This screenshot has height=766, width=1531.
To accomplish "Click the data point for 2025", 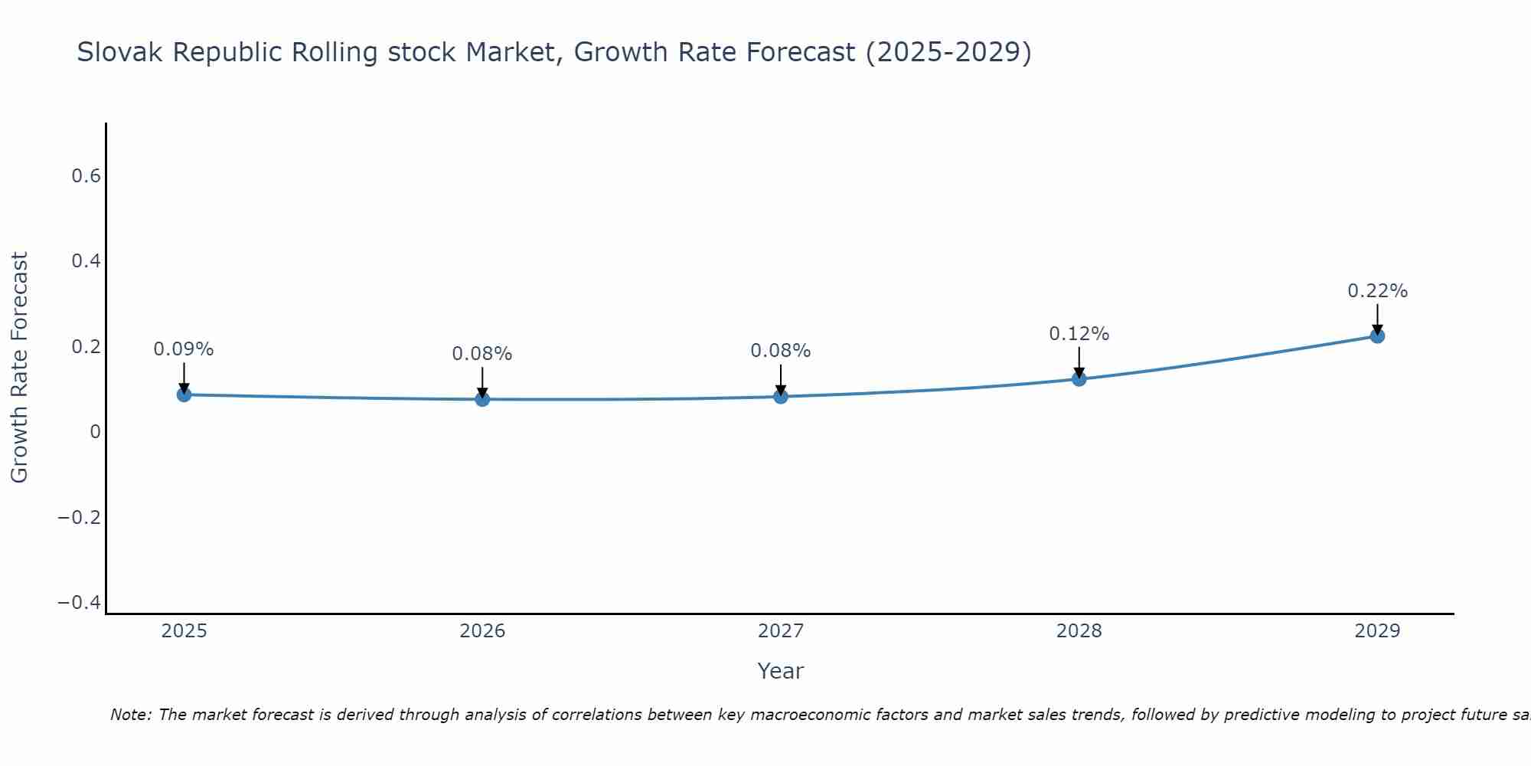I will [x=184, y=394].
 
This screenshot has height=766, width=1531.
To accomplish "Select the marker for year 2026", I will [x=482, y=399].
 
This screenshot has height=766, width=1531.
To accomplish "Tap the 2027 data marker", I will [x=781, y=396].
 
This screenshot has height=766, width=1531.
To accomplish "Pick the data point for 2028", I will [x=1079, y=378].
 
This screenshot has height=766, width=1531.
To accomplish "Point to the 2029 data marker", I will [x=1377, y=336].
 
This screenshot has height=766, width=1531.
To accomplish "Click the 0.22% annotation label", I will [x=1377, y=291].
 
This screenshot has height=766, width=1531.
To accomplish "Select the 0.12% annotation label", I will [x=1079, y=334].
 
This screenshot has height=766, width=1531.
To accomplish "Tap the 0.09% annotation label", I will [x=184, y=349].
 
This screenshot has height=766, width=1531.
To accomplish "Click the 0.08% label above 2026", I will [x=482, y=354].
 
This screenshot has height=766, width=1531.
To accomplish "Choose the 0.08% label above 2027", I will [x=781, y=351].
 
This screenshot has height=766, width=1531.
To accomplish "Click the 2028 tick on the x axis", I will [x=1079, y=631].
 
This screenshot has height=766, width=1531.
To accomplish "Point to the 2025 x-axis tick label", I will [x=184, y=631].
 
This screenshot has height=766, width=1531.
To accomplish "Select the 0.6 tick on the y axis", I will [x=86, y=176].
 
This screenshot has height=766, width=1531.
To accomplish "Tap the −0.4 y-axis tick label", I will [x=80, y=603].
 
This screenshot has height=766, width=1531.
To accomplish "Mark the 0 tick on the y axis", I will [x=95, y=432].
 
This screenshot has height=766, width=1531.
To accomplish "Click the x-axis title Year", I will [x=780, y=671].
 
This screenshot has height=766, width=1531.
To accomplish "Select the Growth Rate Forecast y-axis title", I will [x=19, y=368].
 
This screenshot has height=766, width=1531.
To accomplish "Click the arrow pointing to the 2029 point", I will [x=1377, y=318].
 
